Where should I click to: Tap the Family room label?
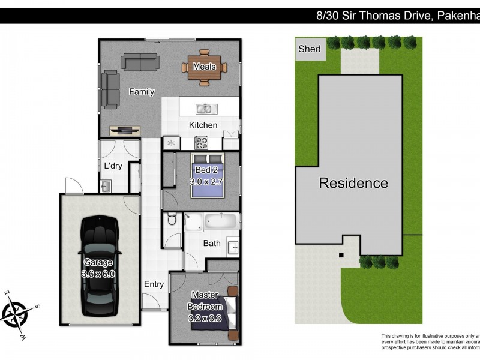[x=142, y=92]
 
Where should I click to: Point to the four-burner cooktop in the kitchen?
[x=200, y=143]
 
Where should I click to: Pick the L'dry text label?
[x=113, y=166]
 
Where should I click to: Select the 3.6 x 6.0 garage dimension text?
[x=98, y=273]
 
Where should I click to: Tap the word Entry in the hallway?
[x=154, y=284]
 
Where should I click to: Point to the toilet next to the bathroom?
[x=171, y=220]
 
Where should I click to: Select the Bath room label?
[x=212, y=243]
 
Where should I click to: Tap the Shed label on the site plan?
[x=310, y=49]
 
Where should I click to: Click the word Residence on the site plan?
[x=353, y=183]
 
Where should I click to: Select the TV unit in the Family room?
[x=125, y=129]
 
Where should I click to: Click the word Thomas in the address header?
[x=383, y=16]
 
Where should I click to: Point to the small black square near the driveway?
[x=341, y=255]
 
